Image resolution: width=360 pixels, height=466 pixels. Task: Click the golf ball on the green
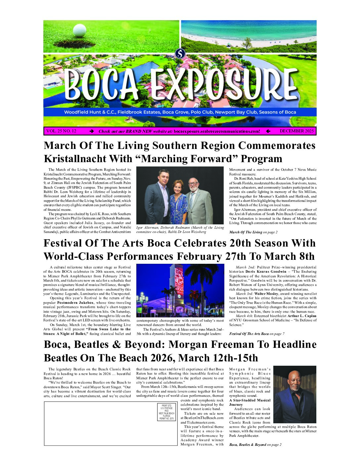click(x=79, y=30)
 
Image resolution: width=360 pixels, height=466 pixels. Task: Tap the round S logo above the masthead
click(x=180, y=53)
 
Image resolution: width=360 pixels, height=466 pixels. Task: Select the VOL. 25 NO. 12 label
click(x=61, y=131)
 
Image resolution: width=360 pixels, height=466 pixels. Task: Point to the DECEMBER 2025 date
click(x=296, y=131)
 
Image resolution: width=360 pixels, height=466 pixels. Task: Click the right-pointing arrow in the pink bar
click(x=92, y=131)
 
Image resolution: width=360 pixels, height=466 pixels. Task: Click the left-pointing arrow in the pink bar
click(x=268, y=131)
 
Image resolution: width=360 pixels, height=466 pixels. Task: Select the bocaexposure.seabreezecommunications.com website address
click(x=217, y=131)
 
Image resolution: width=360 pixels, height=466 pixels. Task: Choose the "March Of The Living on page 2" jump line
click(x=253, y=232)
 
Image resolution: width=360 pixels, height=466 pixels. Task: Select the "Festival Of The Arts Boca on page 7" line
click(x=256, y=334)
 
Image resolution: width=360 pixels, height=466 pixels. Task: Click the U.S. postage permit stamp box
click(x=167, y=412)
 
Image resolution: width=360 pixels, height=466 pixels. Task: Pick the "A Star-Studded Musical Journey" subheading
click(x=249, y=402)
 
